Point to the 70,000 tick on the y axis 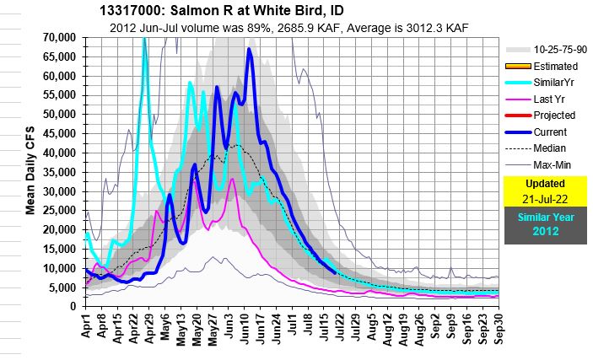(x=60, y=38)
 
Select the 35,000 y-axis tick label (x=60, y=172)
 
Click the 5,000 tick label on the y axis (x=65, y=287)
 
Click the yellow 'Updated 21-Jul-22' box (x=545, y=191)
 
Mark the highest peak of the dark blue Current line (x=249, y=49)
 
